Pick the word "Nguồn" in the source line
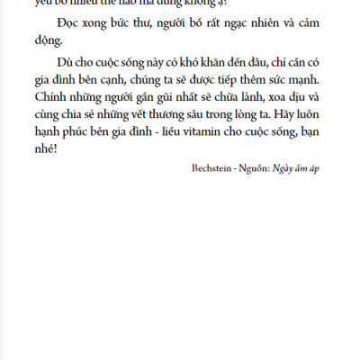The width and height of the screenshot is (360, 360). click(257, 168)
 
